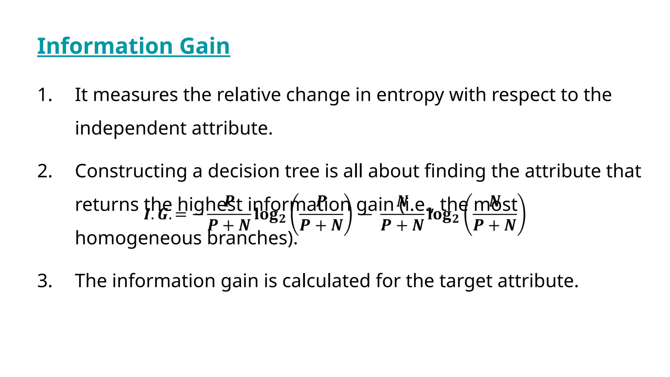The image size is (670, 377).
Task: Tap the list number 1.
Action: [44, 95]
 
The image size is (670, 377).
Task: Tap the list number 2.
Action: [44, 171]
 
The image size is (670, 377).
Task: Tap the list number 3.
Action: [44, 281]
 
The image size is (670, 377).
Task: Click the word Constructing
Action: [131, 171]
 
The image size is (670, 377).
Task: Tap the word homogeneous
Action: [138, 238]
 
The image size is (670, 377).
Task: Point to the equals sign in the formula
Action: [181, 215]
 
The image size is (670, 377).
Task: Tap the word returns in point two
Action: [107, 205]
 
